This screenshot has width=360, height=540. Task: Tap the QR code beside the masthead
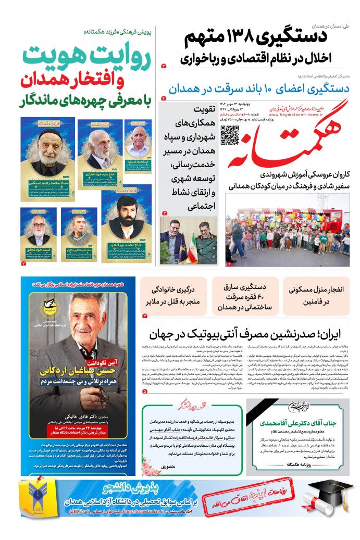[230, 134]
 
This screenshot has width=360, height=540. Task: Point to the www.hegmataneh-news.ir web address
[295, 118]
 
